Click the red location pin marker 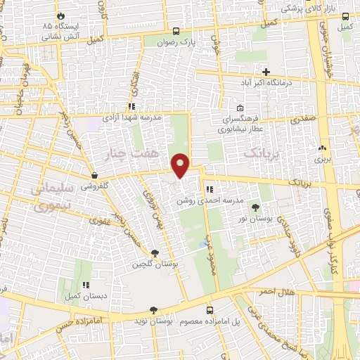click(181, 165)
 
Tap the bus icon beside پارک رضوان click(176, 32)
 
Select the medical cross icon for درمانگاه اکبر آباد click(266, 71)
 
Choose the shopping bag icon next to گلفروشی click(94, 174)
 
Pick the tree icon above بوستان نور click(255, 207)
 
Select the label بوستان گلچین click(156, 265)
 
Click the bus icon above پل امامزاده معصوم click(210, 310)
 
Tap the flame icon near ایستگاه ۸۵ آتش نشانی click(60, 15)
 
